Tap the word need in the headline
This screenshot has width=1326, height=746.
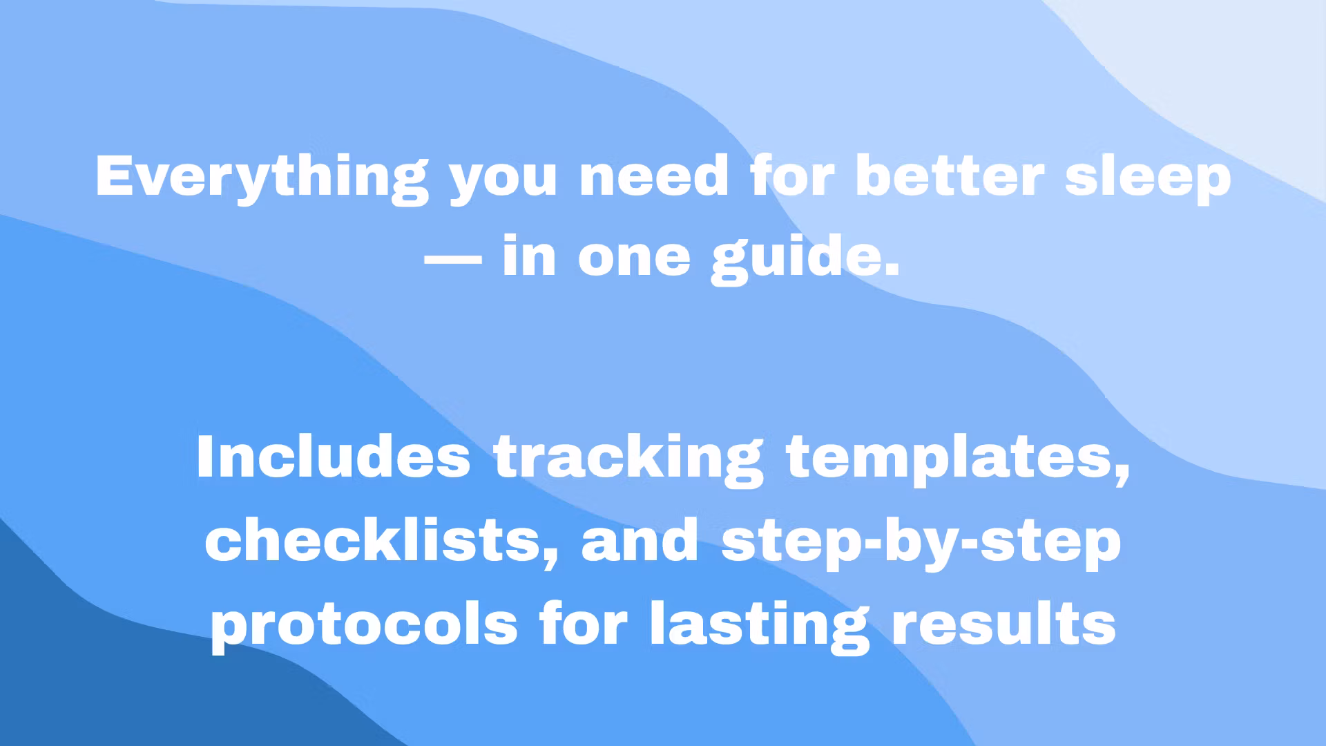pos(654,176)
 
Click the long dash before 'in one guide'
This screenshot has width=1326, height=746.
pos(452,260)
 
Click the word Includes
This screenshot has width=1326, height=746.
pos(334,457)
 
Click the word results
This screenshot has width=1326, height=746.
pos(1004,623)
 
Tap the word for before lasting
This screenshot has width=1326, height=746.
pos(584,623)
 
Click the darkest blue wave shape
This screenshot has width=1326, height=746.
pos(138,663)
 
